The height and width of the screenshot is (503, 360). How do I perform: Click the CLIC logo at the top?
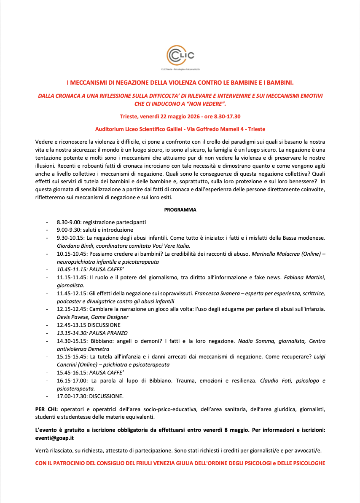(180, 56)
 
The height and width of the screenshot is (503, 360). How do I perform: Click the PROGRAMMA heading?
(180, 210)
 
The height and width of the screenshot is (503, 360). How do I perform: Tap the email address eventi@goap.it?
(52, 438)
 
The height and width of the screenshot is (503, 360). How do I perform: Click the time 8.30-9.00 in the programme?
(66, 222)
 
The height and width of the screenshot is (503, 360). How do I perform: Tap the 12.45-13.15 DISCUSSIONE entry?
(89, 325)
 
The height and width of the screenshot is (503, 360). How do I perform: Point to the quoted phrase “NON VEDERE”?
(207, 104)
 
